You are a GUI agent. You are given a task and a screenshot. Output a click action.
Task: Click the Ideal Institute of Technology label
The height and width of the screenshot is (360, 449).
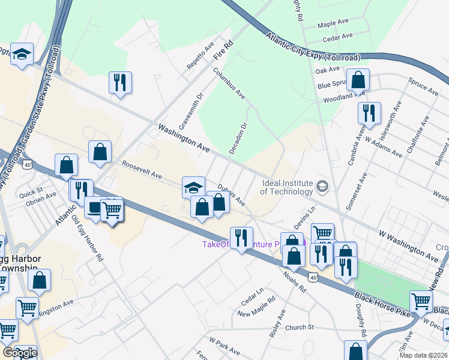click(x=286, y=187)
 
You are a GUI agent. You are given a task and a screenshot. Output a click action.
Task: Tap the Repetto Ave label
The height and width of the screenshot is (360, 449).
click(x=200, y=56)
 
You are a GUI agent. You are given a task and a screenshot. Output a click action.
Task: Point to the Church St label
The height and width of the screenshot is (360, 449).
click(x=300, y=327)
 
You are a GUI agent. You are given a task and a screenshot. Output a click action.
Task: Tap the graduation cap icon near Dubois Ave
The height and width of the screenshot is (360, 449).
click(x=193, y=187)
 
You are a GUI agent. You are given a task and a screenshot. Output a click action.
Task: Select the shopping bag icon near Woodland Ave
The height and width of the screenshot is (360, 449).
click(x=358, y=80)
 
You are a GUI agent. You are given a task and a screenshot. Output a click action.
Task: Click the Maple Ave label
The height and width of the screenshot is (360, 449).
click(x=333, y=24)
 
